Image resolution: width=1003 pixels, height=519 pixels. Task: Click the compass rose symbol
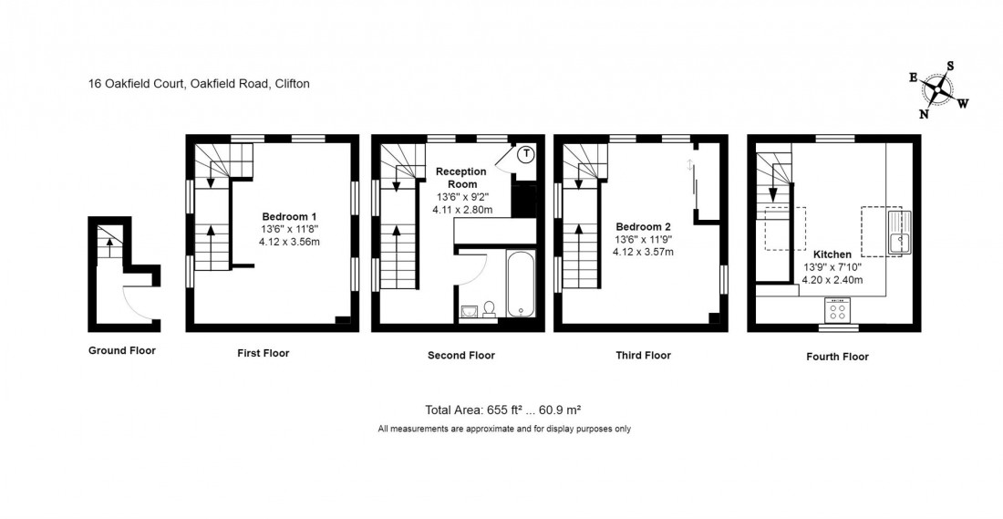(x=937, y=89)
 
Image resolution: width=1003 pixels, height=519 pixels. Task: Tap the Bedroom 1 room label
(x=289, y=216)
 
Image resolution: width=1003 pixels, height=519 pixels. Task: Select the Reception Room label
(x=461, y=177)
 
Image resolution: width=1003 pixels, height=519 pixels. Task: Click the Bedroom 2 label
(x=643, y=226)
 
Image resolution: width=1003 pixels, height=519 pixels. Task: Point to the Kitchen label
(x=832, y=254)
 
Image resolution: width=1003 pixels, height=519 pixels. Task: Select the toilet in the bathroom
(x=489, y=310)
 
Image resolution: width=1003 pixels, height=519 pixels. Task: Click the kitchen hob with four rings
(x=837, y=308)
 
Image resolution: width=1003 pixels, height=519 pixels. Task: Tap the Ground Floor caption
(x=122, y=350)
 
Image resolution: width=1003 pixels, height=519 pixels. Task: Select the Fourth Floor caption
(x=837, y=357)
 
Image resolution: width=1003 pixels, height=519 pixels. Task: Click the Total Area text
(x=503, y=410)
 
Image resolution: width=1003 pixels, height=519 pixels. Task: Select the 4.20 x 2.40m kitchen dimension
(x=832, y=280)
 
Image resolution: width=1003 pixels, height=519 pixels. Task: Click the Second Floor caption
(x=461, y=356)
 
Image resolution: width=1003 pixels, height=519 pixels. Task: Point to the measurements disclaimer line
(x=503, y=429)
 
